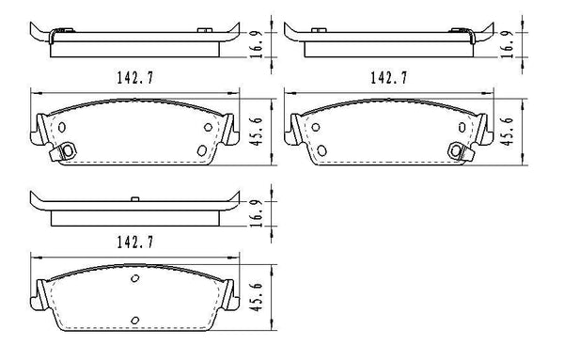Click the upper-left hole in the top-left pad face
tap(62, 128)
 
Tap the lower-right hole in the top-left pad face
tap(201, 149)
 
